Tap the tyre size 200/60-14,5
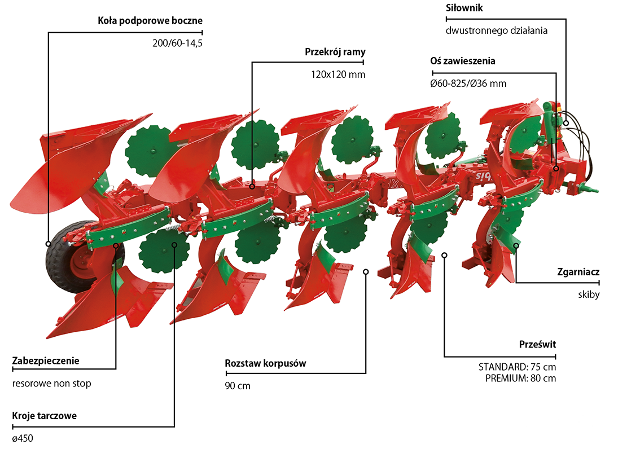pyautogui.click(x=177, y=43)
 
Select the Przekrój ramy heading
pyautogui.click(x=335, y=52)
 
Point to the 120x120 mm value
pyautogui.click(x=338, y=74)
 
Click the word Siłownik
pyautogui.click(x=464, y=8)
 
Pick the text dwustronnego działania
pyautogui.click(x=496, y=30)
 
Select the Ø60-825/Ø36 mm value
pyautogui.click(x=468, y=83)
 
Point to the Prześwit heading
pyautogui.click(x=537, y=344)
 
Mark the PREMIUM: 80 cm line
pyautogui.click(x=520, y=378)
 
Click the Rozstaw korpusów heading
pyautogui.click(x=265, y=363)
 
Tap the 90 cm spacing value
pyautogui.click(x=237, y=386)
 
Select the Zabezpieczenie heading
pyautogui.click(x=46, y=360)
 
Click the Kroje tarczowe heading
pyautogui.click(x=44, y=416)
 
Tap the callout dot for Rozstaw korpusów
pyautogui.click(x=366, y=271)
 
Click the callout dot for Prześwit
pyautogui.click(x=444, y=255)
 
